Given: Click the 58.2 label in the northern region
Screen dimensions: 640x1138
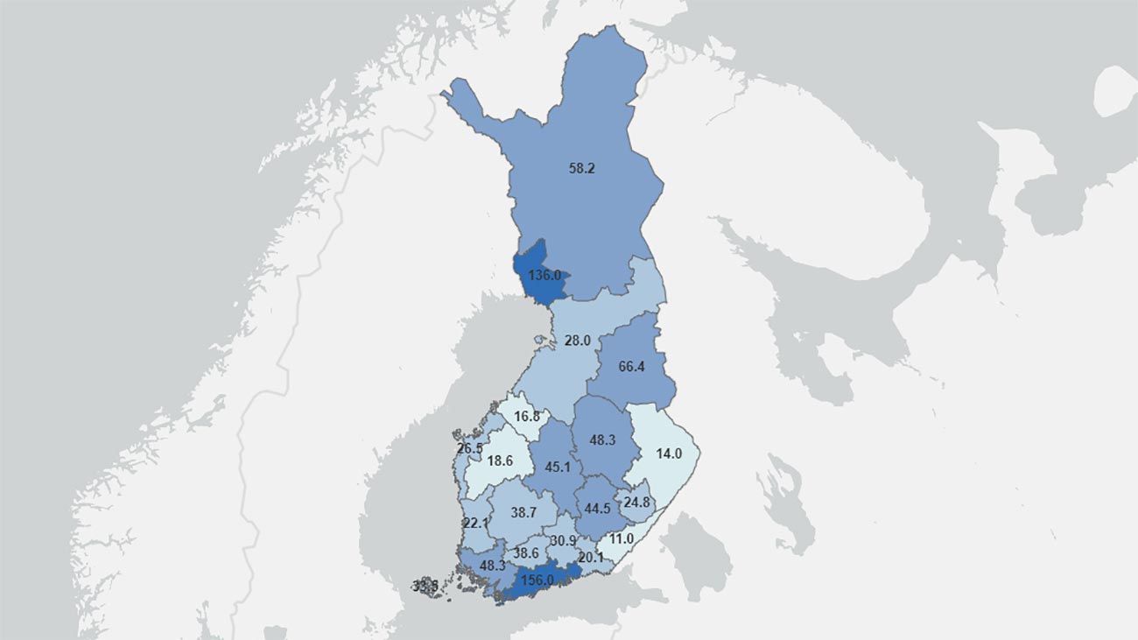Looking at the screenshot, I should [x=581, y=168].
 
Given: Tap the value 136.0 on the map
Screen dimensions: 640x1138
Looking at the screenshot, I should [x=544, y=275].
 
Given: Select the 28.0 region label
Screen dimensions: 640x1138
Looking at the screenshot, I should [x=577, y=341].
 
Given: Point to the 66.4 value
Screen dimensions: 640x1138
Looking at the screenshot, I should [x=631, y=366].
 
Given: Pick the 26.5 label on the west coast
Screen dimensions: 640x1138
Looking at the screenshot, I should [x=470, y=448].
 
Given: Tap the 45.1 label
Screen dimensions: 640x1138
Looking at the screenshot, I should [x=558, y=467].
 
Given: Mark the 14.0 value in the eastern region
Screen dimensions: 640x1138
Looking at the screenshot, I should [x=669, y=454].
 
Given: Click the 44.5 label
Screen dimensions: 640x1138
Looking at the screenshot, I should [x=598, y=509].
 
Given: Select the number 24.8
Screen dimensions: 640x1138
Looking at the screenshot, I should [x=637, y=503].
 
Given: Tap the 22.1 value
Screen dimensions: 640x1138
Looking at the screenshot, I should [x=475, y=523].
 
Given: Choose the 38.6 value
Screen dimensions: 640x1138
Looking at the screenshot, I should [x=526, y=553].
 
